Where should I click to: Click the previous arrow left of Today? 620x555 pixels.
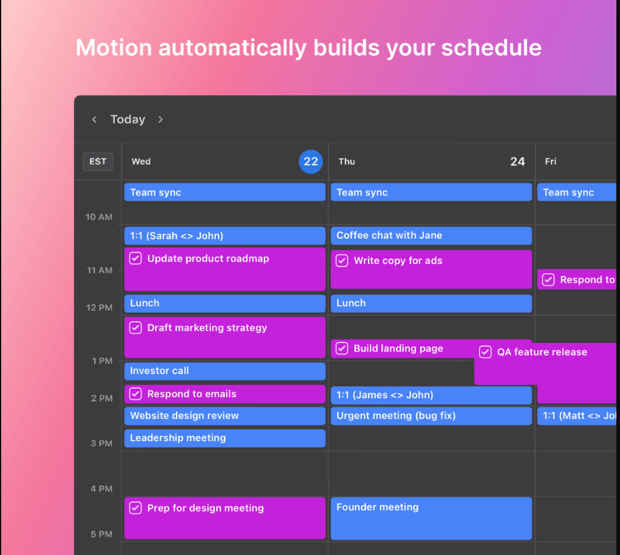[94, 120]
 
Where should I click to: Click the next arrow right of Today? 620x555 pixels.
[160, 120]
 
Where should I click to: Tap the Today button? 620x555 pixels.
[128, 120]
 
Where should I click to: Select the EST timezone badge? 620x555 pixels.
[98, 162]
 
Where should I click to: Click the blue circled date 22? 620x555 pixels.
[310, 162]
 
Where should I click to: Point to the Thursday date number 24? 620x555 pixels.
[517, 162]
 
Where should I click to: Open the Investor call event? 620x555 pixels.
[225, 371]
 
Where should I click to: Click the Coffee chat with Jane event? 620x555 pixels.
[431, 236]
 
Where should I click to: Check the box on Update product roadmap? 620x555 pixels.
[135, 259]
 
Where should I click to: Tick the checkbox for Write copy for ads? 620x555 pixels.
[342, 261]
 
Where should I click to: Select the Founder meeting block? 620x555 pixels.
[431, 518]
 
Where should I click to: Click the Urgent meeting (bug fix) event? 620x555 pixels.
[431, 416]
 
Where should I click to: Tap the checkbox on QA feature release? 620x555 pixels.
[485, 352]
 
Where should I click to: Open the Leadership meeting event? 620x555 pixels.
[225, 438]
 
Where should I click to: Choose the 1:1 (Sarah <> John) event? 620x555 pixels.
[225, 236]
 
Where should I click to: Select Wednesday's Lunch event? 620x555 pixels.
[225, 303]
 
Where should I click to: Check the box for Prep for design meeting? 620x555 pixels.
[135, 508]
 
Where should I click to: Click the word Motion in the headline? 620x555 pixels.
[113, 48]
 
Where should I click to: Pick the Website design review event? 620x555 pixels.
[225, 416]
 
